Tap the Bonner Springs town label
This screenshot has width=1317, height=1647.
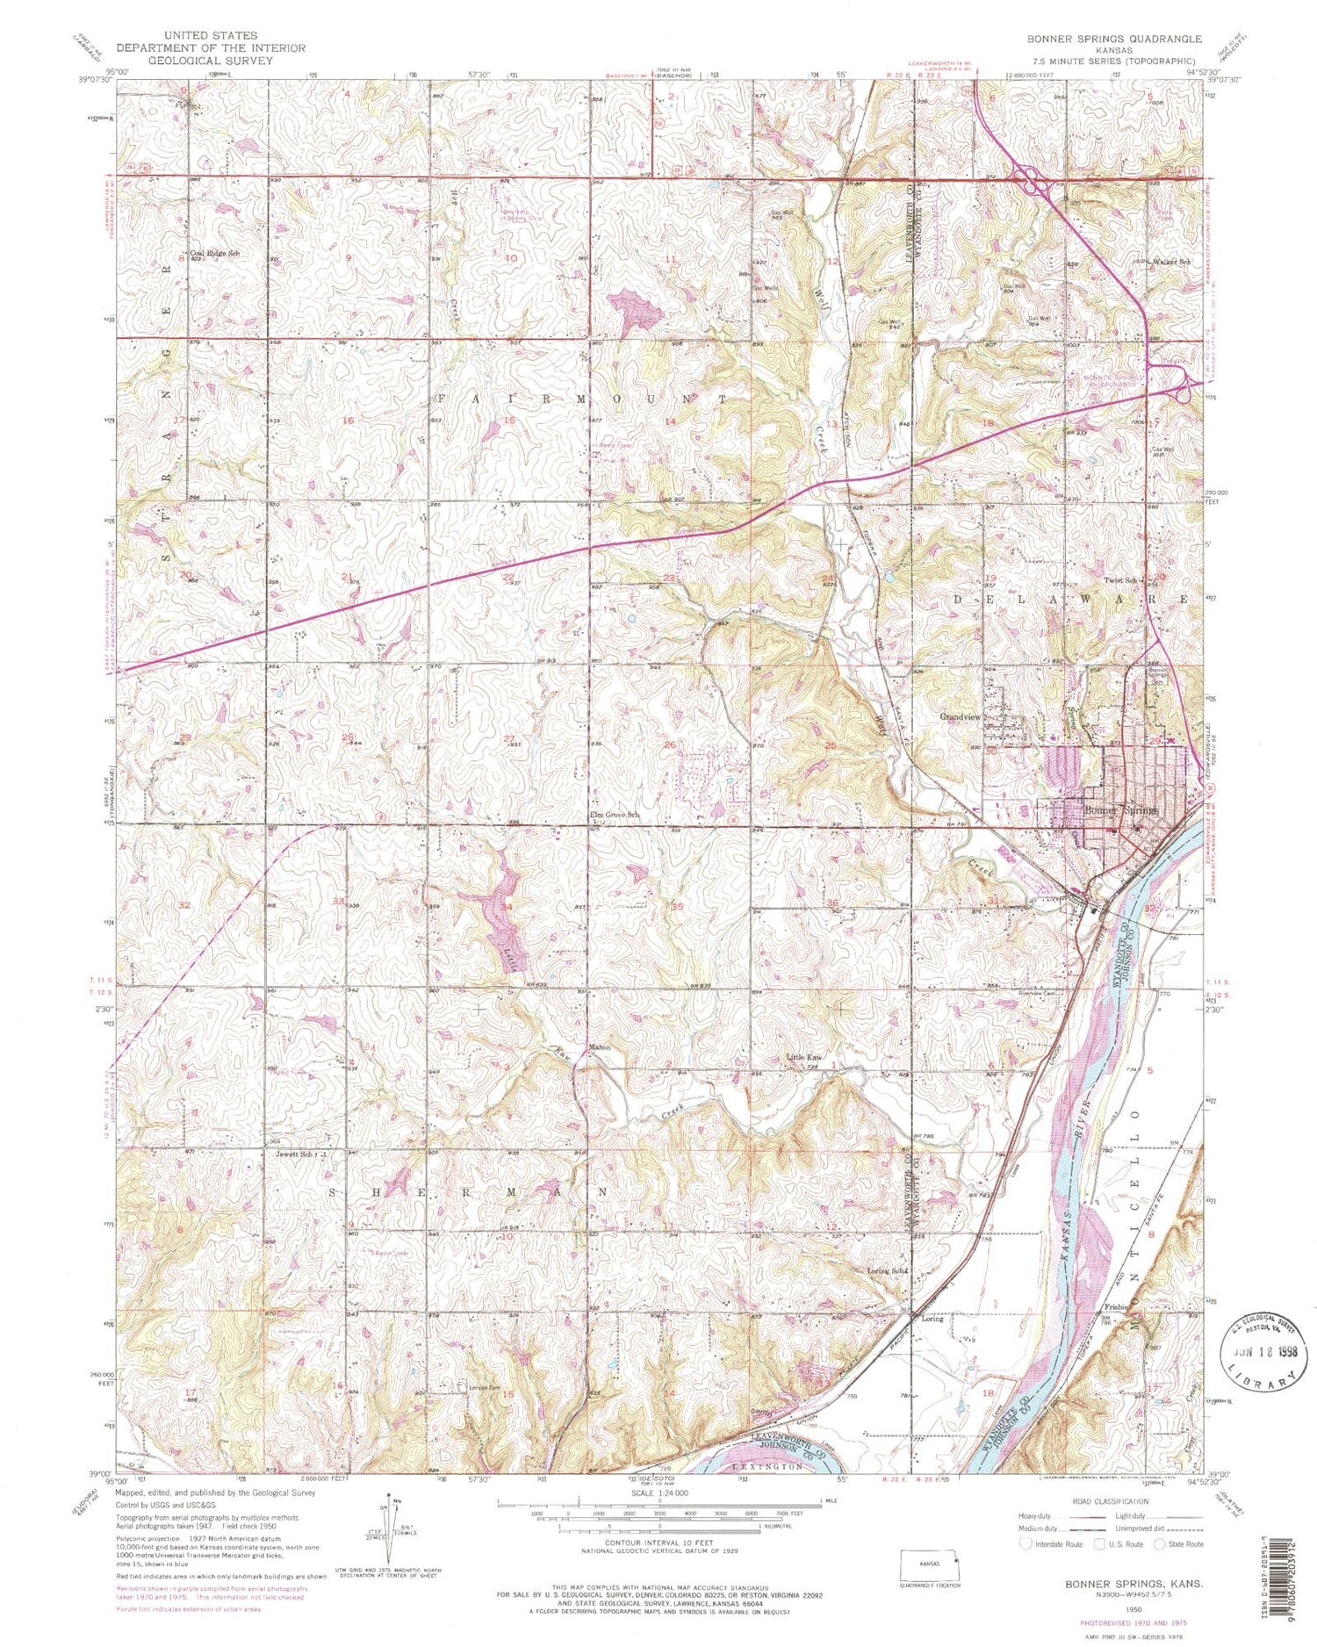click(1122, 810)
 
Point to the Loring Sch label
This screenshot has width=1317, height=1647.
click(884, 1270)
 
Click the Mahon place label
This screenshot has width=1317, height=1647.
click(600, 1047)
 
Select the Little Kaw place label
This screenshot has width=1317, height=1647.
click(803, 1058)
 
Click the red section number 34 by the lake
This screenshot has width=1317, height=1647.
click(507, 906)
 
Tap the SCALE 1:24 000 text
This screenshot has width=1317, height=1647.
click(658, 1493)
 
